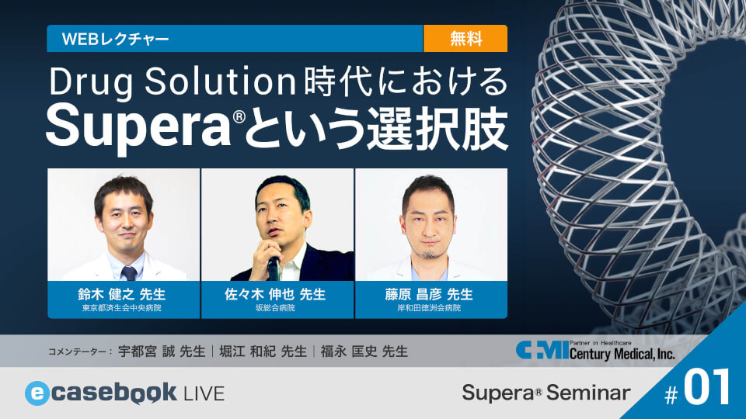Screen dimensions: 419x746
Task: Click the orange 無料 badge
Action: coord(465,38)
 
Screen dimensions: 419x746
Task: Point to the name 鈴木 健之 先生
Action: coord(124,294)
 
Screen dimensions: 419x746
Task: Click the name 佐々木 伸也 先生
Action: coord(277,294)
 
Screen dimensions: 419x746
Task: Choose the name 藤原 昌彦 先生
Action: coord(431,294)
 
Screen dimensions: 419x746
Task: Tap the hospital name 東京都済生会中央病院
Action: coord(124,308)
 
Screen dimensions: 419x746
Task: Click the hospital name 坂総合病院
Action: coord(277,308)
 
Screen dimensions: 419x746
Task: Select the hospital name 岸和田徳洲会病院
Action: coord(431,308)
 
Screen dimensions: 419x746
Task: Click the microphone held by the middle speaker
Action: coord(274,266)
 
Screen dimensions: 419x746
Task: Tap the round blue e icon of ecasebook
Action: coord(37,393)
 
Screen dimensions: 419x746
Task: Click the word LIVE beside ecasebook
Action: coord(204,393)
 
